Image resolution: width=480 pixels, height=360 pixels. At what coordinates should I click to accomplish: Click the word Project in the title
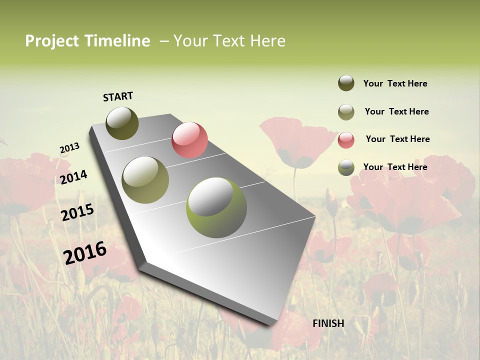click(52, 41)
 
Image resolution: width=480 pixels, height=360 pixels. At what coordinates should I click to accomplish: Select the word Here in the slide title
click(267, 41)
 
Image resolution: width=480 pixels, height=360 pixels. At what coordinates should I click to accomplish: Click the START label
click(118, 96)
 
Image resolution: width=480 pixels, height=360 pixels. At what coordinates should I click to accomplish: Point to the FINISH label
click(328, 323)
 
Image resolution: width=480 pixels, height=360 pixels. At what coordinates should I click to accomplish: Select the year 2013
click(69, 148)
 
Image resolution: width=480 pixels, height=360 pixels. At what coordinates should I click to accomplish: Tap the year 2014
click(73, 177)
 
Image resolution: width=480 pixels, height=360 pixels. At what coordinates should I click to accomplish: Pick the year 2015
click(77, 212)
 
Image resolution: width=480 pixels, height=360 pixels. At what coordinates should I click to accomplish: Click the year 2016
click(85, 252)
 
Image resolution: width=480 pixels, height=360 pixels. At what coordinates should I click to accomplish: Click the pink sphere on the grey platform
click(189, 139)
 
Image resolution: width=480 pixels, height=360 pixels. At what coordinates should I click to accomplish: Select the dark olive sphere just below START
click(122, 123)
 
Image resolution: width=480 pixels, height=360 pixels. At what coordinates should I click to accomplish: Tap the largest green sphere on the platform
click(216, 207)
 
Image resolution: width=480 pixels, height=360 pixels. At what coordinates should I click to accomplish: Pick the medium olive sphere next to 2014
click(145, 180)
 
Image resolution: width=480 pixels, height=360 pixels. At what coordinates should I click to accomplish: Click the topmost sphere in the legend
click(346, 83)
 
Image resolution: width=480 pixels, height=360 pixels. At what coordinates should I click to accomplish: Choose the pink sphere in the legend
click(346, 139)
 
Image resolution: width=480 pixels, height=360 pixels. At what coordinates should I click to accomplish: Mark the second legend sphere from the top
click(346, 112)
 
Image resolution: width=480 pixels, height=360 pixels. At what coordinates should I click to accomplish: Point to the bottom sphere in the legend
click(346, 167)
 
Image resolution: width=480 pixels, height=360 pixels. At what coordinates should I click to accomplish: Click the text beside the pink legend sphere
click(397, 139)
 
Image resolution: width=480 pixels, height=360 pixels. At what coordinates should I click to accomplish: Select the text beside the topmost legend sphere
click(395, 83)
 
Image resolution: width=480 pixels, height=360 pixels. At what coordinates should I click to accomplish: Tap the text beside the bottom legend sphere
click(395, 167)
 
